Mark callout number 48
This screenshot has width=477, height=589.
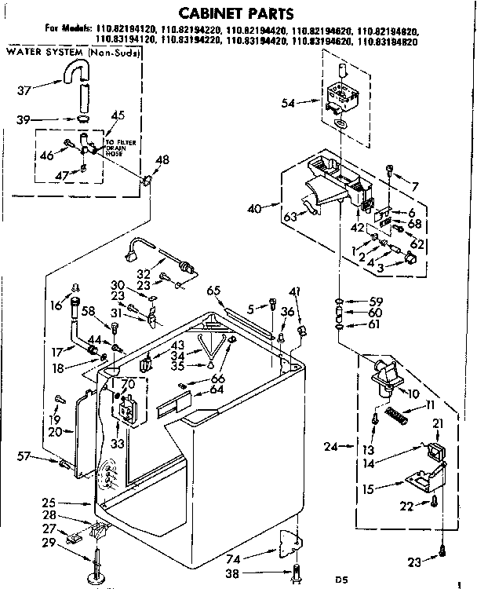(x=162, y=160)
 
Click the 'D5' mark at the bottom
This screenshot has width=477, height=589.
(x=341, y=580)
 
